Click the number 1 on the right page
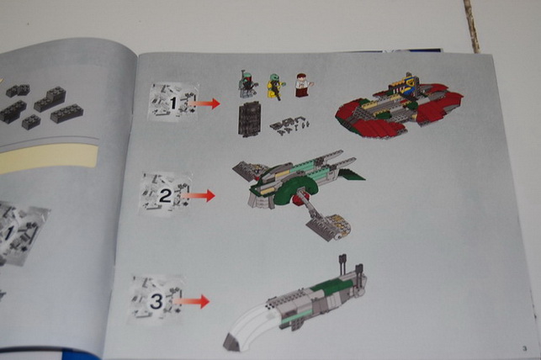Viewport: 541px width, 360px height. (x=173, y=103)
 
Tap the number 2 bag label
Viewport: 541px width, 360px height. (x=165, y=195)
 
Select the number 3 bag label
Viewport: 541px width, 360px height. (x=156, y=301)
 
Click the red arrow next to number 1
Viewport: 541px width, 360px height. (x=204, y=103)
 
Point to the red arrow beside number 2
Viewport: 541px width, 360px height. (x=199, y=195)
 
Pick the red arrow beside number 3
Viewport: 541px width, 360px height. (x=192, y=301)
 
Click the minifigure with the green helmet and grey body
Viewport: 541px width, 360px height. (x=247, y=84)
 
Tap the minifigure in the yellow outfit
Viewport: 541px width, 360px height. (x=275, y=86)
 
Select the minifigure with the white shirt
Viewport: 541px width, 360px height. (x=303, y=85)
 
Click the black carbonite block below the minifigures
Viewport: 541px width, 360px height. (x=249, y=119)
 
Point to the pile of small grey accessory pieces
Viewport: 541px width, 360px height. (x=289, y=125)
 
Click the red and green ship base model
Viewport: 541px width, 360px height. (x=399, y=109)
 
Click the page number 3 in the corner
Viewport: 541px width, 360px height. (x=525, y=348)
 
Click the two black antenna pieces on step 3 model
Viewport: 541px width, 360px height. (x=350, y=265)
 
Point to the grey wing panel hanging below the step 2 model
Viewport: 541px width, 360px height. (x=328, y=226)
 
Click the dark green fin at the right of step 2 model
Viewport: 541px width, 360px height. (x=351, y=174)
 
